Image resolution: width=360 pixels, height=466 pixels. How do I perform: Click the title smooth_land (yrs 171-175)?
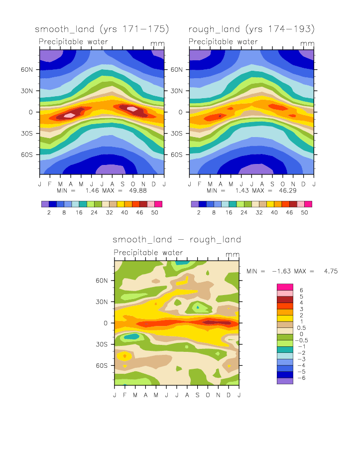[102, 28]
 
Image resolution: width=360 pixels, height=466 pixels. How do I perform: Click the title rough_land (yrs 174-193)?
[251, 28]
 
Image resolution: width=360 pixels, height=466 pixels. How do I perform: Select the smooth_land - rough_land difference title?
[177, 240]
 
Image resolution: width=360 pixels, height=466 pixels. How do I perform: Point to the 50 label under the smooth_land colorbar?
[158, 212]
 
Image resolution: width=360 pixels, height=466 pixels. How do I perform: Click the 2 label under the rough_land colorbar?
[199, 212]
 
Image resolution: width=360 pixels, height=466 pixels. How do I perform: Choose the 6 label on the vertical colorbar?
[301, 290]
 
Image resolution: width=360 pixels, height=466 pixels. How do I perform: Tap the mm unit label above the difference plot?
[233, 255]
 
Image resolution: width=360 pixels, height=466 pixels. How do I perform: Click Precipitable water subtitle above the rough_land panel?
[223, 42]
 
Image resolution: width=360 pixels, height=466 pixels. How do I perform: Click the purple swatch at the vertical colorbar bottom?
[285, 381]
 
